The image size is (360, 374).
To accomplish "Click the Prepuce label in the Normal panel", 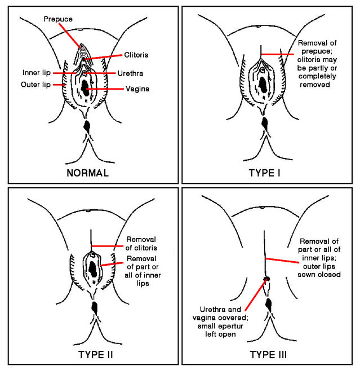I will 58,19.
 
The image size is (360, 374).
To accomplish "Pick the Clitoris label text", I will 137,55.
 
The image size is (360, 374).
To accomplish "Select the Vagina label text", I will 137,89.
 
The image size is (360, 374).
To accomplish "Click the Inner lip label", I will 37,73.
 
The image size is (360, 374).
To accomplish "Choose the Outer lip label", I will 36,85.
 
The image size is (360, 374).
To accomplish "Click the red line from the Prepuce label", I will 73,38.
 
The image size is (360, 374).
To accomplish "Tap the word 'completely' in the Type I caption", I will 317,76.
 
